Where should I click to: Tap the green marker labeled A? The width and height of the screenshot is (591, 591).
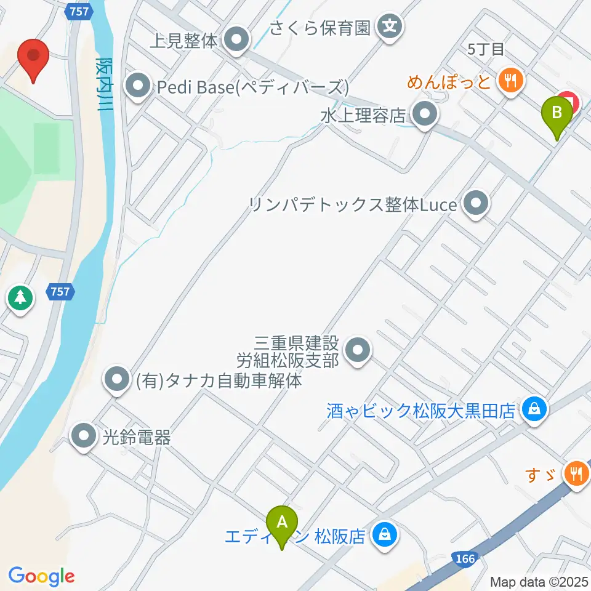[282, 524]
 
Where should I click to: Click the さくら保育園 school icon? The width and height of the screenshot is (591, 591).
[390, 26]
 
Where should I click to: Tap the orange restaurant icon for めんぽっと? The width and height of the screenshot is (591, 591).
[510, 79]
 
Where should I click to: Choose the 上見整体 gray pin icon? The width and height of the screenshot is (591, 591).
[236, 41]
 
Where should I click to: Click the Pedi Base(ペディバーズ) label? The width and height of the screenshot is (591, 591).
[252, 87]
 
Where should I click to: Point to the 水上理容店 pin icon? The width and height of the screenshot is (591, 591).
[424, 115]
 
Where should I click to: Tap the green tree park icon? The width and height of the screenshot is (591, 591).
[20, 298]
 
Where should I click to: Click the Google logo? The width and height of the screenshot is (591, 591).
[41, 576]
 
